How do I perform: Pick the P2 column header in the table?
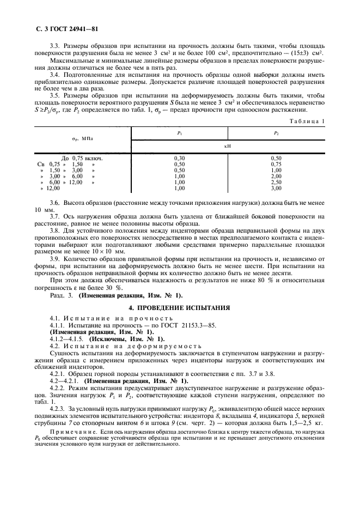(x=277, y=132)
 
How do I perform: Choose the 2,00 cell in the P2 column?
(x=277, y=177)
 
